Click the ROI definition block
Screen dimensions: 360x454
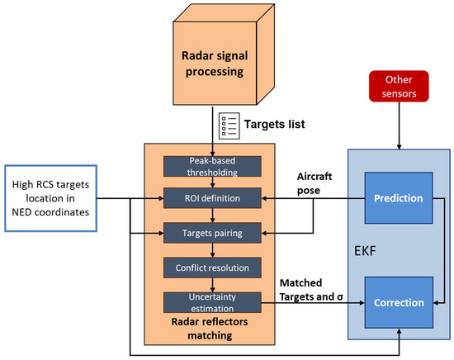213,198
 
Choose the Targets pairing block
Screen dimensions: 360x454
213,233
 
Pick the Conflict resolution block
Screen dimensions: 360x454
213,268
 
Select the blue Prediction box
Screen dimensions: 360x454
400,199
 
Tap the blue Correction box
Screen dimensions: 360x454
400,302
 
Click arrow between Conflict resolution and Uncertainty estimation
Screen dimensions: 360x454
213,285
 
